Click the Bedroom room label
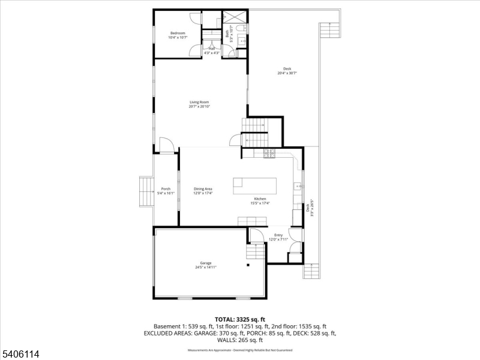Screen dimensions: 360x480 pyautogui.click(x=178, y=35)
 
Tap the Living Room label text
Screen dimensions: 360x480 pyautogui.click(x=199, y=104)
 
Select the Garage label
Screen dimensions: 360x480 pyautogui.click(x=205, y=265)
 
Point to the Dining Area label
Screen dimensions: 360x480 pyautogui.click(x=203, y=191)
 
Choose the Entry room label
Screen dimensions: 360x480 pyautogui.click(x=278, y=237)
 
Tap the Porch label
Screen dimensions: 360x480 pyautogui.click(x=166, y=191)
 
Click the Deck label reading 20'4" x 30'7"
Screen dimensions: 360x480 pyautogui.click(x=287, y=71)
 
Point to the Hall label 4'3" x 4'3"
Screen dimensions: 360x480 pyautogui.click(x=212, y=50)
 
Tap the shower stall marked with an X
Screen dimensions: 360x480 pyautogui.click(x=234, y=17)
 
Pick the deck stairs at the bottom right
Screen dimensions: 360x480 pyautogui.click(x=313, y=271)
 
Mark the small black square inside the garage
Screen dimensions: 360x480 pyautogui.click(x=247, y=265)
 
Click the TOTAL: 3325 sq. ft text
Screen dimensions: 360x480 pyautogui.click(x=240, y=319)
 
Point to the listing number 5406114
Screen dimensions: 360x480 pyautogui.click(x=20, y=355)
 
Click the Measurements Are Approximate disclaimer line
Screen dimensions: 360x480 pyautogui.click(x=240, y=349)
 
